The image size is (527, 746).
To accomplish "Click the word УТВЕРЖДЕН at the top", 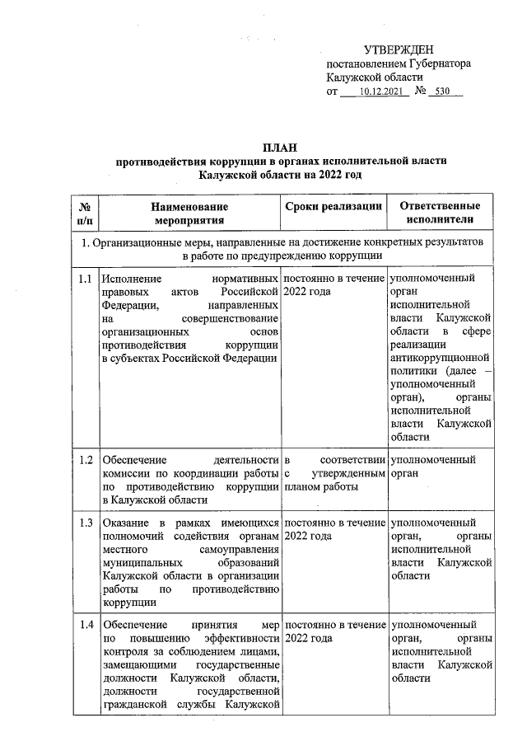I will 399,51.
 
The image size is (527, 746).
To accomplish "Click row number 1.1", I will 84,279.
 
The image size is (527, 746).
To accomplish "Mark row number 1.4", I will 84,625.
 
